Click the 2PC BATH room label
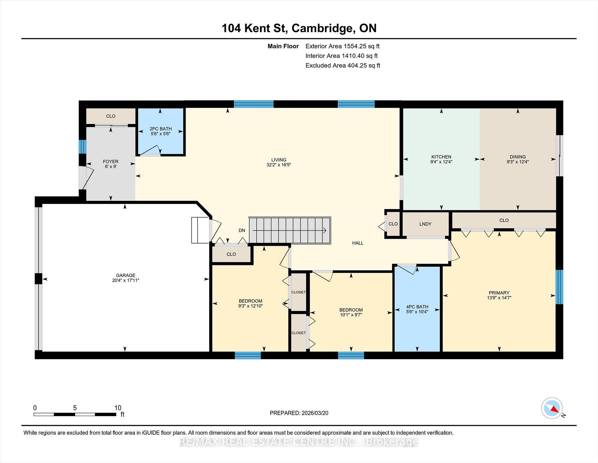coord(160,129)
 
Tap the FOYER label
coord(111,162)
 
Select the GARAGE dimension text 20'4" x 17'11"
coord(126,280)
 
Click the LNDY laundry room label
coord(425,224)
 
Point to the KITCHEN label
coord(441,157)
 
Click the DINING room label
coord(518,157)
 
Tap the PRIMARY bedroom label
coord(499,293)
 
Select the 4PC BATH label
coord(417,307)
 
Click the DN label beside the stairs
coord(242,231)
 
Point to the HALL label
coord(358,243)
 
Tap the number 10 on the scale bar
coord(118,408)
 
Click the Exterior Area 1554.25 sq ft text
coord(343,46)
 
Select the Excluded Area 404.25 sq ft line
coord(343,66)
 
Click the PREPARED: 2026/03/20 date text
coord(299,413)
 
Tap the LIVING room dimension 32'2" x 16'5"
coord(279,165)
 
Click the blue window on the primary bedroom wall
coord(559,287)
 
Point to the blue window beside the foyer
coord(82,147)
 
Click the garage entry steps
coord(200,230)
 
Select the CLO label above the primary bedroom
coord(504,220)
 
